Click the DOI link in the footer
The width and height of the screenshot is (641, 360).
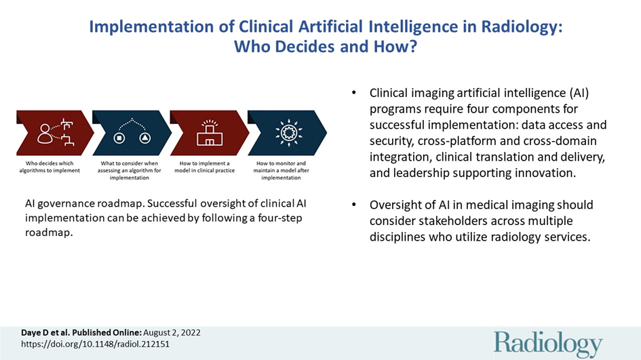tap(95, 344)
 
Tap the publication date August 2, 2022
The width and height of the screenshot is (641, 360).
tap(172, 333)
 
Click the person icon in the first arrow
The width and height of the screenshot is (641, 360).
tap(45, 134)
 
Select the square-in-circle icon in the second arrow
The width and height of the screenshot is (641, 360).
tap(119, 138)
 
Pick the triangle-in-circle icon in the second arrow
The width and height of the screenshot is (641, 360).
tap(145, 138)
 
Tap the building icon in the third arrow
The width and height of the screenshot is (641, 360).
tap(210, 133)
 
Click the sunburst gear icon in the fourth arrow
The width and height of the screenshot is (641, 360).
tap(289, 132)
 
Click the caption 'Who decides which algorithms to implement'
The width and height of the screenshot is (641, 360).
tap(50, 167)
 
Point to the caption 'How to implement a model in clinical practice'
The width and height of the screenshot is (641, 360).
tap(205, 167)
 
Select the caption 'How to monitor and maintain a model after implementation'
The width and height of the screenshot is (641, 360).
tap(281, 170)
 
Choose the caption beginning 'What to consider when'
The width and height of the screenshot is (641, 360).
tap(129, 170)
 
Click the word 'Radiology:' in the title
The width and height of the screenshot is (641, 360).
tap(522, 27)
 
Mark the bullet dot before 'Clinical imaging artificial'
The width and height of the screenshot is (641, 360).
tap(354, 93)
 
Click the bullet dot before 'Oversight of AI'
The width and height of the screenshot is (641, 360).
tap(354, 205)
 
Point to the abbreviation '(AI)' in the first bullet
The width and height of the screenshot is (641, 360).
tap(579, 93)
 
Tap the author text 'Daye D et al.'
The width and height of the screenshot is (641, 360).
tap(45, 333)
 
